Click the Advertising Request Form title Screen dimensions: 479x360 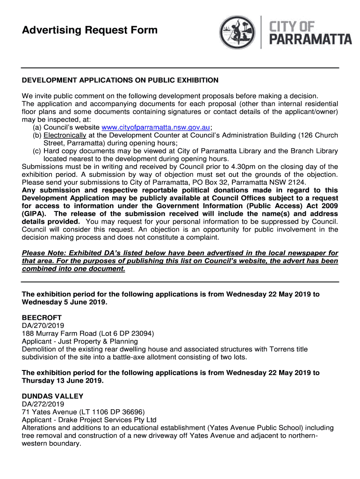[90, 31]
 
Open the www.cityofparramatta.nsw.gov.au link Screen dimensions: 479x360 [156, 127]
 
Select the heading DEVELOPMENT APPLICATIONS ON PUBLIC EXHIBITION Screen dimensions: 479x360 [120, 80]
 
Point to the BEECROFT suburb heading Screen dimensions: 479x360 [42, 318]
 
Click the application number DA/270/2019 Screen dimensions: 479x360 [43, 326]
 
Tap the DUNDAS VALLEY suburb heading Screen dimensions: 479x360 [52, 396]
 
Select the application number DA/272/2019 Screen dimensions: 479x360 [43, 404]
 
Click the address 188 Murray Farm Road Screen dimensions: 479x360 [58, 334]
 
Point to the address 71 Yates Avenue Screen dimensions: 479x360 [49, 412]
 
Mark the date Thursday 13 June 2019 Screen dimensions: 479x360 [62, 381]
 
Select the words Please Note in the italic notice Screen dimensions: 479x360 [42, 253]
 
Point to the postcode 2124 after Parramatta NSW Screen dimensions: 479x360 [297, 182]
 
